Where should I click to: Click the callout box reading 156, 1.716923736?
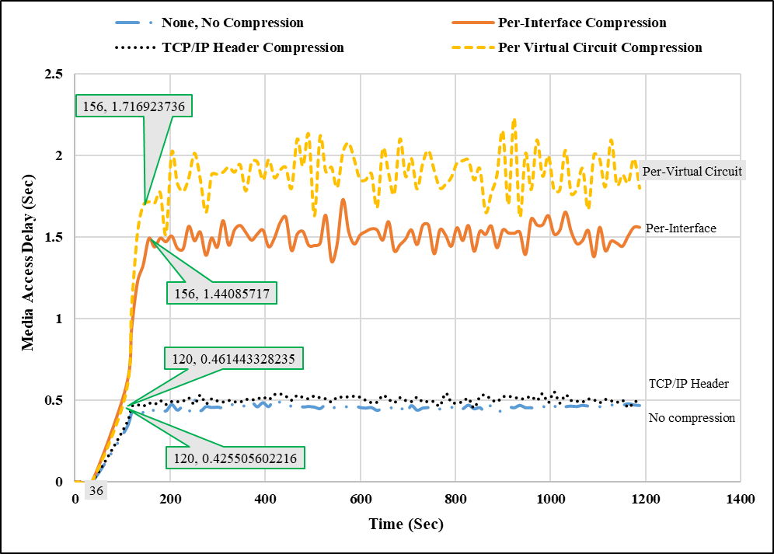tap(134, 106)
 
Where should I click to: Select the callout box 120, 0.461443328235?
tap(232, 360)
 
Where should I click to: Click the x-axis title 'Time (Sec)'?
tap(406, 524)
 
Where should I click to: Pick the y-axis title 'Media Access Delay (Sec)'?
tap(29, 278)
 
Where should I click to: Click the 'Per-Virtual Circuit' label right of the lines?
tap(692, 171)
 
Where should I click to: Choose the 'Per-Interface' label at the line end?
tap(681, 228)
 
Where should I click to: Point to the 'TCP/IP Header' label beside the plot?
tap(689, 383)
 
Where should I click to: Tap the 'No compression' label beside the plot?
tap(692, 418)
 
